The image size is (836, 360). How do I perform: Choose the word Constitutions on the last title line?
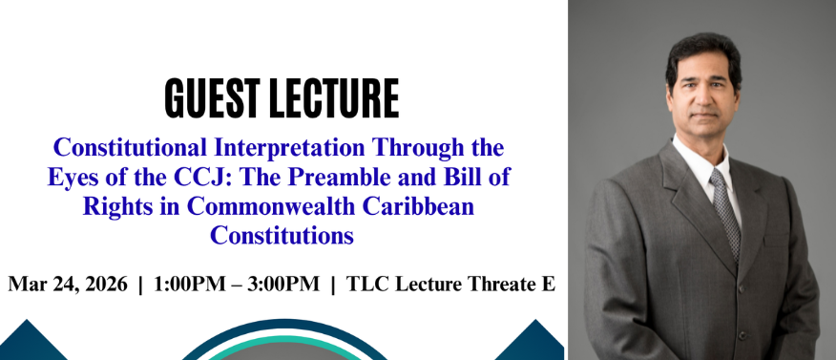point(282,233)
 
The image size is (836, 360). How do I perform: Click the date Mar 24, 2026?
point(67,285)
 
